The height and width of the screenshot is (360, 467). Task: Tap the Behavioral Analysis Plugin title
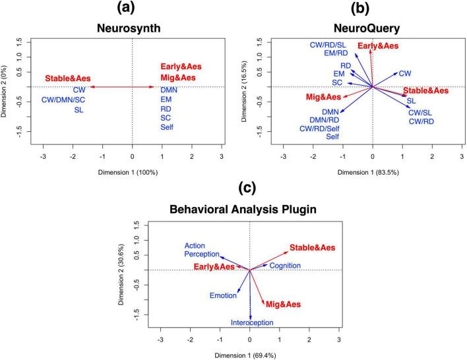click(249, 212)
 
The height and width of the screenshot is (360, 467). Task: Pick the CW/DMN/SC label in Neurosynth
click(73, 100)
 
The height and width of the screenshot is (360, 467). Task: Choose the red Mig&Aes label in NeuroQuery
click(324, 97)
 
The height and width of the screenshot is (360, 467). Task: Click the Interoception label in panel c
click(251, 322)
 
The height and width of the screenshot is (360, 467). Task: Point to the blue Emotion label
click(223, 295)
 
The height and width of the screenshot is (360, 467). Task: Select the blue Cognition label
click(285, 265)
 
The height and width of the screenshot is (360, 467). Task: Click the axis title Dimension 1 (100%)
click(132, 172)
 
